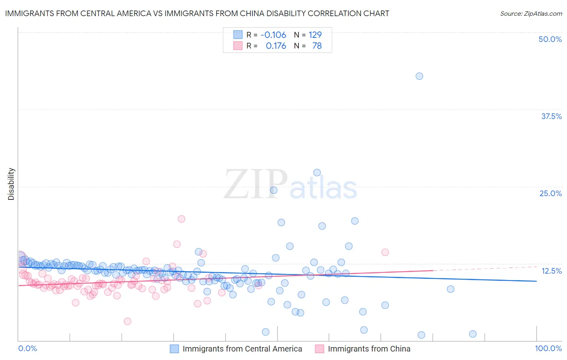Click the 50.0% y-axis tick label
[550, 39]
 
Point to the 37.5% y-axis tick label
[551, 116]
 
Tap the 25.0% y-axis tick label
[550, 193]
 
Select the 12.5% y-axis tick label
[551, 271]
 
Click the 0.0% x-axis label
[27, 348]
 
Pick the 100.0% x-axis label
[548, 348]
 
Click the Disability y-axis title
[11, 184]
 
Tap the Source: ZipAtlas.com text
[531, 13]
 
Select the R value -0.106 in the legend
[273, 35]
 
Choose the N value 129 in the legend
[315, 35]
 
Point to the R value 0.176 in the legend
[276, 46]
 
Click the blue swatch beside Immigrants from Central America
[174, 349]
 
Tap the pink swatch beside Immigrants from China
[319, 349]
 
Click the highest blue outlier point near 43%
[419, 76]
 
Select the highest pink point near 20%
[181, 219]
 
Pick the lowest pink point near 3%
[127, 321]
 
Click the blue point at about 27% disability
[317, 172]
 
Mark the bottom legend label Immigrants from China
[369, 349]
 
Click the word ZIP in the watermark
[255, 184]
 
